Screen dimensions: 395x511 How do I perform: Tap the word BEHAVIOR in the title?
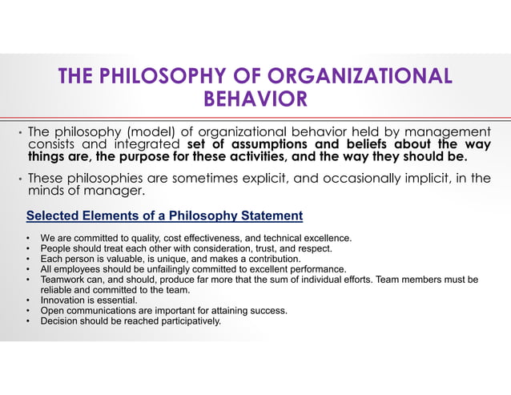[255, 99]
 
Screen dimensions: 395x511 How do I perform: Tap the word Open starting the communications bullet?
[51, 311]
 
